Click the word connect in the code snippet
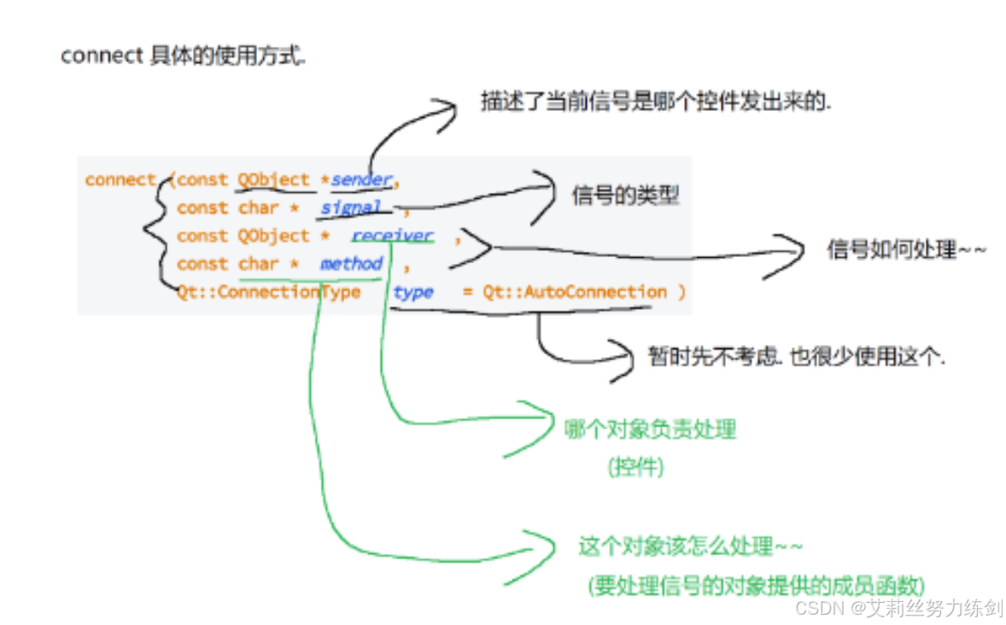pos(120,180)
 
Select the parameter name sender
pos(361,180)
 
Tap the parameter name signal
pos(351,207)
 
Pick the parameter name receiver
pos(393,236)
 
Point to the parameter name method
pos(351,264)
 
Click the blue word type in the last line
pos(413,292)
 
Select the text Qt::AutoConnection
pos(575,292)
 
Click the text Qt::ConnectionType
pos(268,292)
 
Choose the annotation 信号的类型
pos(625,196)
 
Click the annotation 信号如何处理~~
pos(907,250)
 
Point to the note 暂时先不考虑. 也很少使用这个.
pos(796,357)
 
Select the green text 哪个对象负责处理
pos(650,429)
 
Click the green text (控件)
pos(636,467)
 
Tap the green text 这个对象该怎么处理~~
pos(691,546)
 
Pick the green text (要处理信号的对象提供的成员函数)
pos(755,586)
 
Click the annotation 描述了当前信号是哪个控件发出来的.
pos(656,102)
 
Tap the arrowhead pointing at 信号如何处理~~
pos(791,253)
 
